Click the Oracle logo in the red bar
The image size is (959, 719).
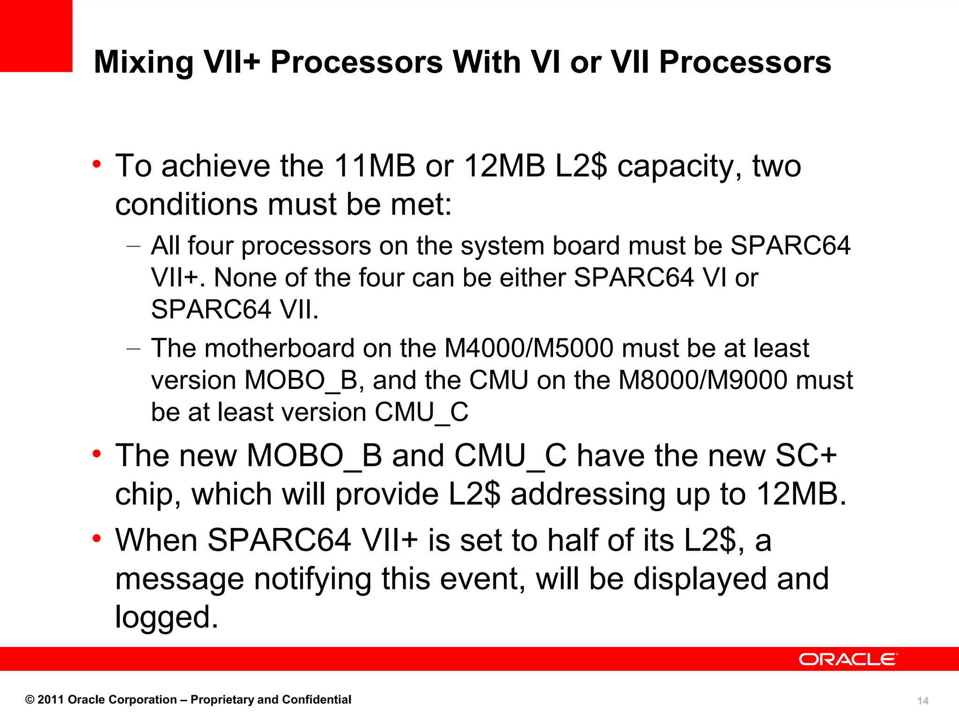[x=848, y=659]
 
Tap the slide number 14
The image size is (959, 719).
[x=922, y=701]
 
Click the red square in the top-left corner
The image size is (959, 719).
[x=36, y=36]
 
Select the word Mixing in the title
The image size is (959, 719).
[x=143, y=62]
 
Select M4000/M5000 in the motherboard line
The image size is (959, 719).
[x=528, y=348]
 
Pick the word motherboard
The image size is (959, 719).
[x=279, y=348]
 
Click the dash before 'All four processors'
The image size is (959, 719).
[x=133, y=246]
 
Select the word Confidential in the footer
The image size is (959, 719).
[x=317, y=700]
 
